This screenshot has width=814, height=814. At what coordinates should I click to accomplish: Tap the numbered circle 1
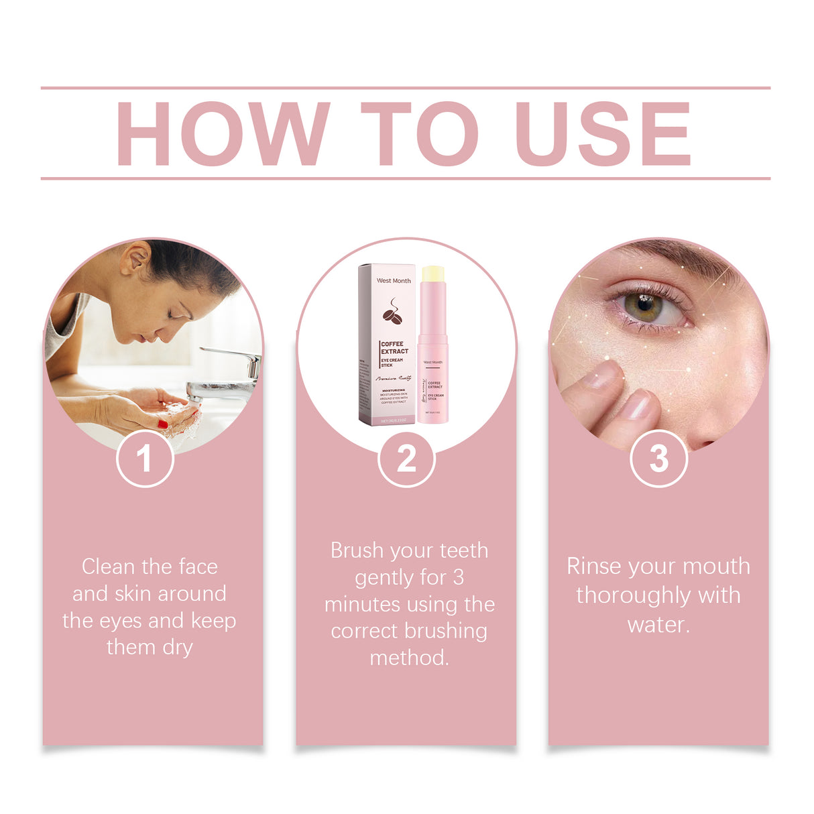[x=145, y=459]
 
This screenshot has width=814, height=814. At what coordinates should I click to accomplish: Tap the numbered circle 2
[x=406, y=459]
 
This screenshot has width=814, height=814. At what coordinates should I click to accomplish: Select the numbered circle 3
[x=658, y=459]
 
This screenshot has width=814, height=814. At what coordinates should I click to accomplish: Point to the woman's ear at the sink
[x=136, y=257]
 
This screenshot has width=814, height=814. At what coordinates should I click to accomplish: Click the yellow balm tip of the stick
[x=432, y=274]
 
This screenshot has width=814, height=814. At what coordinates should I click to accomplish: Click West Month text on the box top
[x=394, y=281]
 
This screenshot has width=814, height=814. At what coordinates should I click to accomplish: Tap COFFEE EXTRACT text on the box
[x=394, y=347]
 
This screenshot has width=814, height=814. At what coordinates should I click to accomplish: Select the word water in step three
[x=658, y=625]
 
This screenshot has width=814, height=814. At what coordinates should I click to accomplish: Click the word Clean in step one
[x=108, y=567]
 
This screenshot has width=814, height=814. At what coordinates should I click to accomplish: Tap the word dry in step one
[x=178, y=648]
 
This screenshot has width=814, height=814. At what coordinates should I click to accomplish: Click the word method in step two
[x=408, y=658]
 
